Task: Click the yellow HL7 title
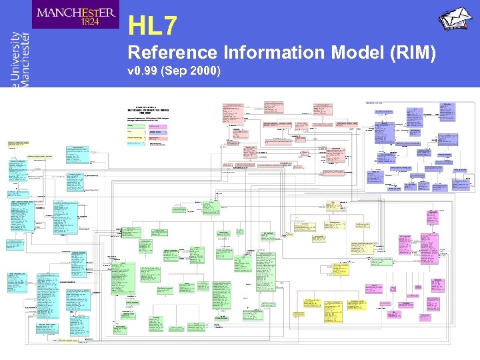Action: point(153,26)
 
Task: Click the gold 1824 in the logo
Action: point(75,21)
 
